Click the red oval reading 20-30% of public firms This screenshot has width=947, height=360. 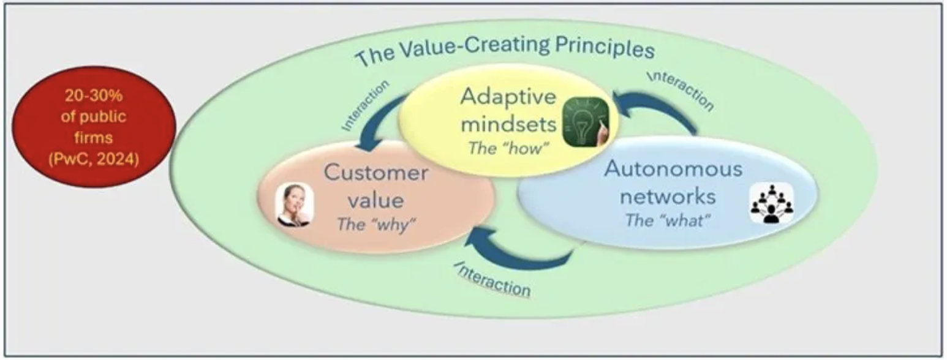[x=93, y=127]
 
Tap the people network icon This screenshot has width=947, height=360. [x=771, y=204]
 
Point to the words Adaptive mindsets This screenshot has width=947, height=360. [x=508, y=110]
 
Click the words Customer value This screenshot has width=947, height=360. [x=375, y=186]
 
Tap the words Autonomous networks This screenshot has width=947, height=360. [x=672, y=182]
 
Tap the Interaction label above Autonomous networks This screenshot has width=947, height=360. [x=681, y=90]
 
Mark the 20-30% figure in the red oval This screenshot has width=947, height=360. [x=93, y=97]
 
